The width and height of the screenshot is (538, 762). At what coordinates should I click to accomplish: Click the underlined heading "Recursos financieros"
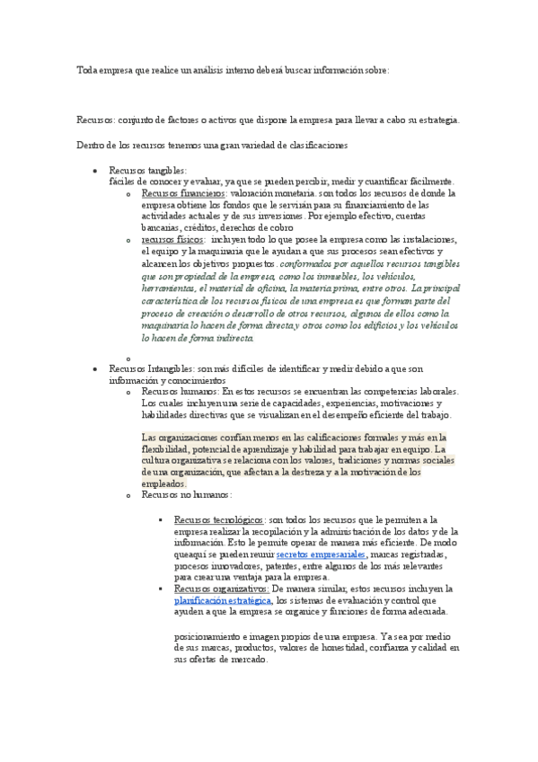click(x=183, y=193)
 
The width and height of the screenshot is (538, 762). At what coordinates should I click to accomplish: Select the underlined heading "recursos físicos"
click(x=172, y=241)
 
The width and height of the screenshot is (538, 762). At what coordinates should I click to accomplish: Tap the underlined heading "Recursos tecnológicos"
click(x=218, y=519)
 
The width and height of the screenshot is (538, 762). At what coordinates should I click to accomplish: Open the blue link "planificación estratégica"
click(x=223, y=601)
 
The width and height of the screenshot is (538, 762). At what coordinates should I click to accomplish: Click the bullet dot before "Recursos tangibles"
click(x=94, y=170)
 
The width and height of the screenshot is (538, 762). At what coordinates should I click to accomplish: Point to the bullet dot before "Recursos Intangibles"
click(x=94, y=369)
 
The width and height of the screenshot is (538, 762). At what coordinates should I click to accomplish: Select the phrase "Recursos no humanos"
click(x=186, y=494)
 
